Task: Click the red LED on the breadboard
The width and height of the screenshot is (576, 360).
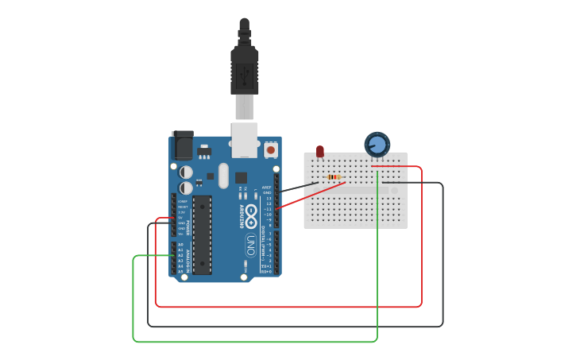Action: click(320, 151)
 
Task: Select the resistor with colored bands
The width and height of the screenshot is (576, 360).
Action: click(334, 177)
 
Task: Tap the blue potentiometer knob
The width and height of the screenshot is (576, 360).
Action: click(377, 145)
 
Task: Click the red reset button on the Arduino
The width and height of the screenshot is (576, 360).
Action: click(271, 149)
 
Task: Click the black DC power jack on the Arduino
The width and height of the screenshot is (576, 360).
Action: click(183, 146)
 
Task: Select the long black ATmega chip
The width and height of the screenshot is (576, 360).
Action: click(202, 234)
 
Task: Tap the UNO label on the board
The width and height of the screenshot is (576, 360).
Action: click(249, 245)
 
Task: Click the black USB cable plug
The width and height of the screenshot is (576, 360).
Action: click(244, 68)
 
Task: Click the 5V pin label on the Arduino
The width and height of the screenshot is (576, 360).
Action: click(182, 218)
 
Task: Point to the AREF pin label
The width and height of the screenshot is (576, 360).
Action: click(267, 188)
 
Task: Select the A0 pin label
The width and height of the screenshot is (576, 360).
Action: click(180, 245)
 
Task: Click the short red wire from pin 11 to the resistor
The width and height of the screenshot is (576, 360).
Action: click(310, 195)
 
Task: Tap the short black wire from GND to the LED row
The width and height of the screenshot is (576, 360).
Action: click(298, 188)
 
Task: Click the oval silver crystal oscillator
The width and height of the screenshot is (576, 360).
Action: click(223, 176)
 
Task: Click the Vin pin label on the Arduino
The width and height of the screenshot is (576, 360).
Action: click(181, 234)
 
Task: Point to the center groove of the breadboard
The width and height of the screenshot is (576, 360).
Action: click(355, 191)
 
